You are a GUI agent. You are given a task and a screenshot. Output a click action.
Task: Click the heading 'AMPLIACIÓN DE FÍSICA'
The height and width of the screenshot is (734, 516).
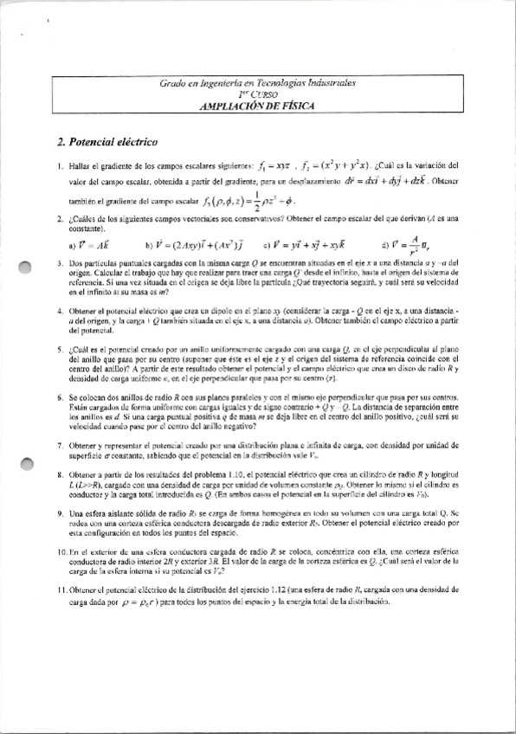point(258,105)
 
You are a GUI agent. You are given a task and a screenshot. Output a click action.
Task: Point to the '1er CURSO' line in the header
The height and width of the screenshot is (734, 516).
point(258,93)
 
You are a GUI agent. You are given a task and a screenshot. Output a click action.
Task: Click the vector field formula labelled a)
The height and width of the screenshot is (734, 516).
point(79,245)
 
